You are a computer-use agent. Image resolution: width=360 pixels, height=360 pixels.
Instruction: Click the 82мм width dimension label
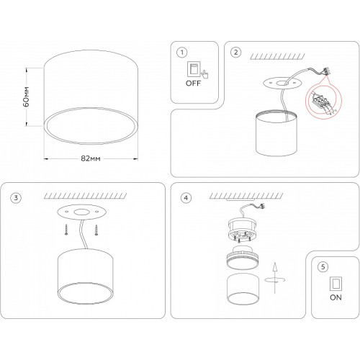coord(91,158)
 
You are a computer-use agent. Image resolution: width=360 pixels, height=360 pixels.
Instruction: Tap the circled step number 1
coord(182,53)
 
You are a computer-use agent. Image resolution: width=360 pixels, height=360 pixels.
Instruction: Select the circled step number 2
coord(235,53)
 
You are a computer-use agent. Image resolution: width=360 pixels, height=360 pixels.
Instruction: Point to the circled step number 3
coord(16,198)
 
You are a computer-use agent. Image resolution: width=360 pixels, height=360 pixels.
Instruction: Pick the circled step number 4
coord(186,198)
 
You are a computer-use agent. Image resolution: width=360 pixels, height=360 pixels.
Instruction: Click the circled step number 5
coord(323,266)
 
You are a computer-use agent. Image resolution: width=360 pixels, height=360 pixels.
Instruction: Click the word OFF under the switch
coord(193,84)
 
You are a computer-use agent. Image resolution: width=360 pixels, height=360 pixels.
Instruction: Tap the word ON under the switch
coord(336,297)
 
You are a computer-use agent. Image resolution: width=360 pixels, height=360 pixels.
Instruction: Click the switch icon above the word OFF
coord(194,69)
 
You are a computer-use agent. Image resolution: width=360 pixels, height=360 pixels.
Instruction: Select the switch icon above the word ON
coord(336,284)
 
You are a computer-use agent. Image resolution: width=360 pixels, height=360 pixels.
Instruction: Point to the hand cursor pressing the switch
coord(204,73)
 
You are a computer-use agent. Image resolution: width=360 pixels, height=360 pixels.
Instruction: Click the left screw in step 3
coord(66,230)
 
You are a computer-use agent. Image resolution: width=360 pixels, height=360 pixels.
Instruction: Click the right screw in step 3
coord(96,230)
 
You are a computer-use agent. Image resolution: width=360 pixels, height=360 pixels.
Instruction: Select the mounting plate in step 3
coord(81,212)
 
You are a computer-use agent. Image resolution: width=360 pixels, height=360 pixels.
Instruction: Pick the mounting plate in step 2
coord(282,83)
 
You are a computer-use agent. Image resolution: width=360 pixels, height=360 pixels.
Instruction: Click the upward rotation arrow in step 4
coord(275,277)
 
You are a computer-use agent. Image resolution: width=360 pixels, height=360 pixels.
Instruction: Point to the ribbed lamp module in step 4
coord(243,260)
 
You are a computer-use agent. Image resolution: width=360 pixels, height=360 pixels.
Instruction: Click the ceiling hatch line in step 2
coord(277,57)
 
